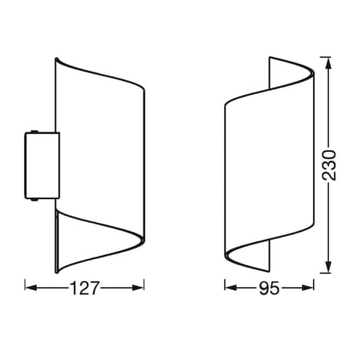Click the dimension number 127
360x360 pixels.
(x=85, y=288)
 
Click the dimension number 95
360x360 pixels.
(x=269, y=288)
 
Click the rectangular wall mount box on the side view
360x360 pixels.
(x=42, y=166)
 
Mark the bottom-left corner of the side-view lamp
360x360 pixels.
(x=56, y=272)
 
